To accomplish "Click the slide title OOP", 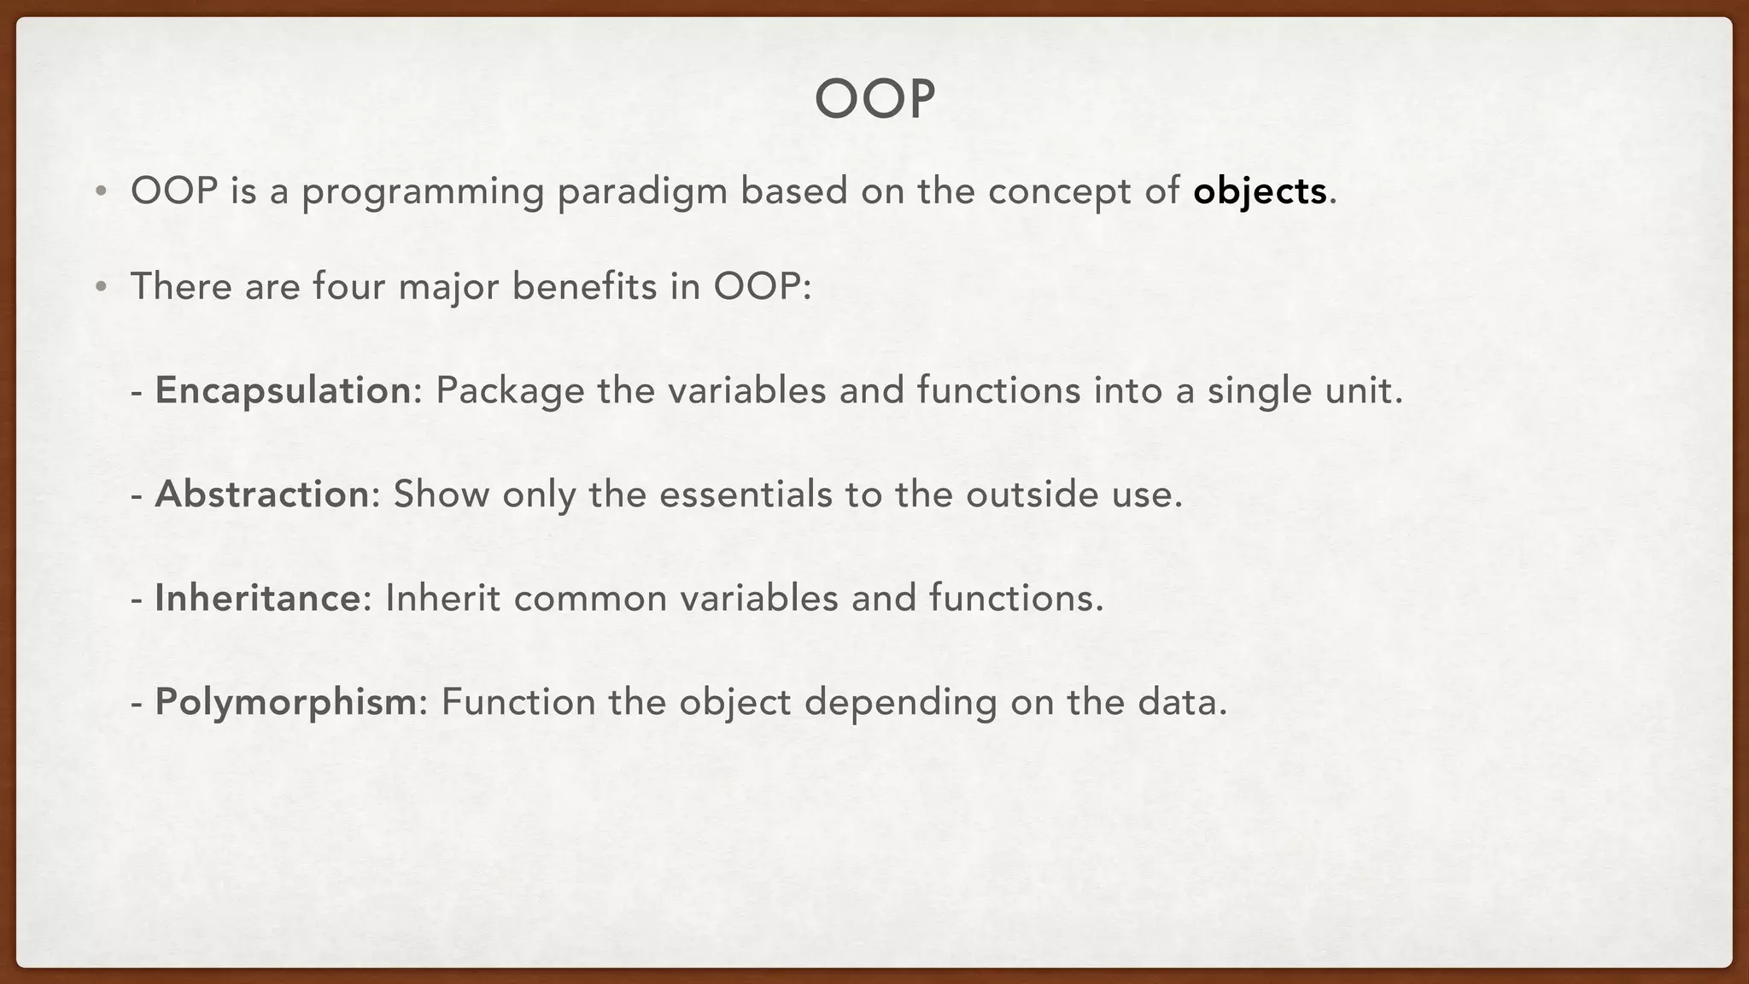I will (874, 100).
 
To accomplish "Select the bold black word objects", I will (1260, 191).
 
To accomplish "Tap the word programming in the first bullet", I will (423, 191).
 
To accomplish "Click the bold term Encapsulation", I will (284, 391).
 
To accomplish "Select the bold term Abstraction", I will (261, 495).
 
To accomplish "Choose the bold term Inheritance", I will (258, 598).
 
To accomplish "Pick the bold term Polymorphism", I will (286, 702).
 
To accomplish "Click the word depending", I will (900, 702).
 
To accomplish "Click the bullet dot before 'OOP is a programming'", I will (101, 191).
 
